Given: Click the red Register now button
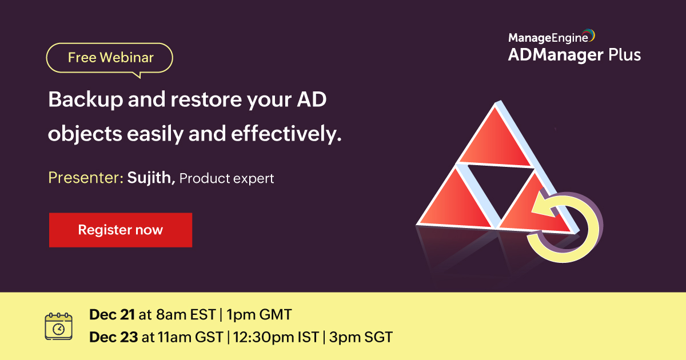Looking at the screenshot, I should pyautogui.click(x=120, y=230).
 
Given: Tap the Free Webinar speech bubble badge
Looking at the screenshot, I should pyautogui.click(x=110, y=58).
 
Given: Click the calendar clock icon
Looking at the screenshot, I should pyautogui.click(x=59, y=326).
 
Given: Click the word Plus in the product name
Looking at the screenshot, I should pyautogui.click(x=624, y=55).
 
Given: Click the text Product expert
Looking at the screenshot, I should pyautogui.click(x=227, y=179).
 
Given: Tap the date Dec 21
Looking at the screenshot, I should pyautogui.click(x=112, y=315).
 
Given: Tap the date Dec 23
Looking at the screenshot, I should pyautogui.click(x=113, y=337).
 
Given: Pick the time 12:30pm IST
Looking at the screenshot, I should pyautogui.click(x=276, y=337).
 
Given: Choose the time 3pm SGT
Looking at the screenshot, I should pyautogui.click(x=360, y=337).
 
